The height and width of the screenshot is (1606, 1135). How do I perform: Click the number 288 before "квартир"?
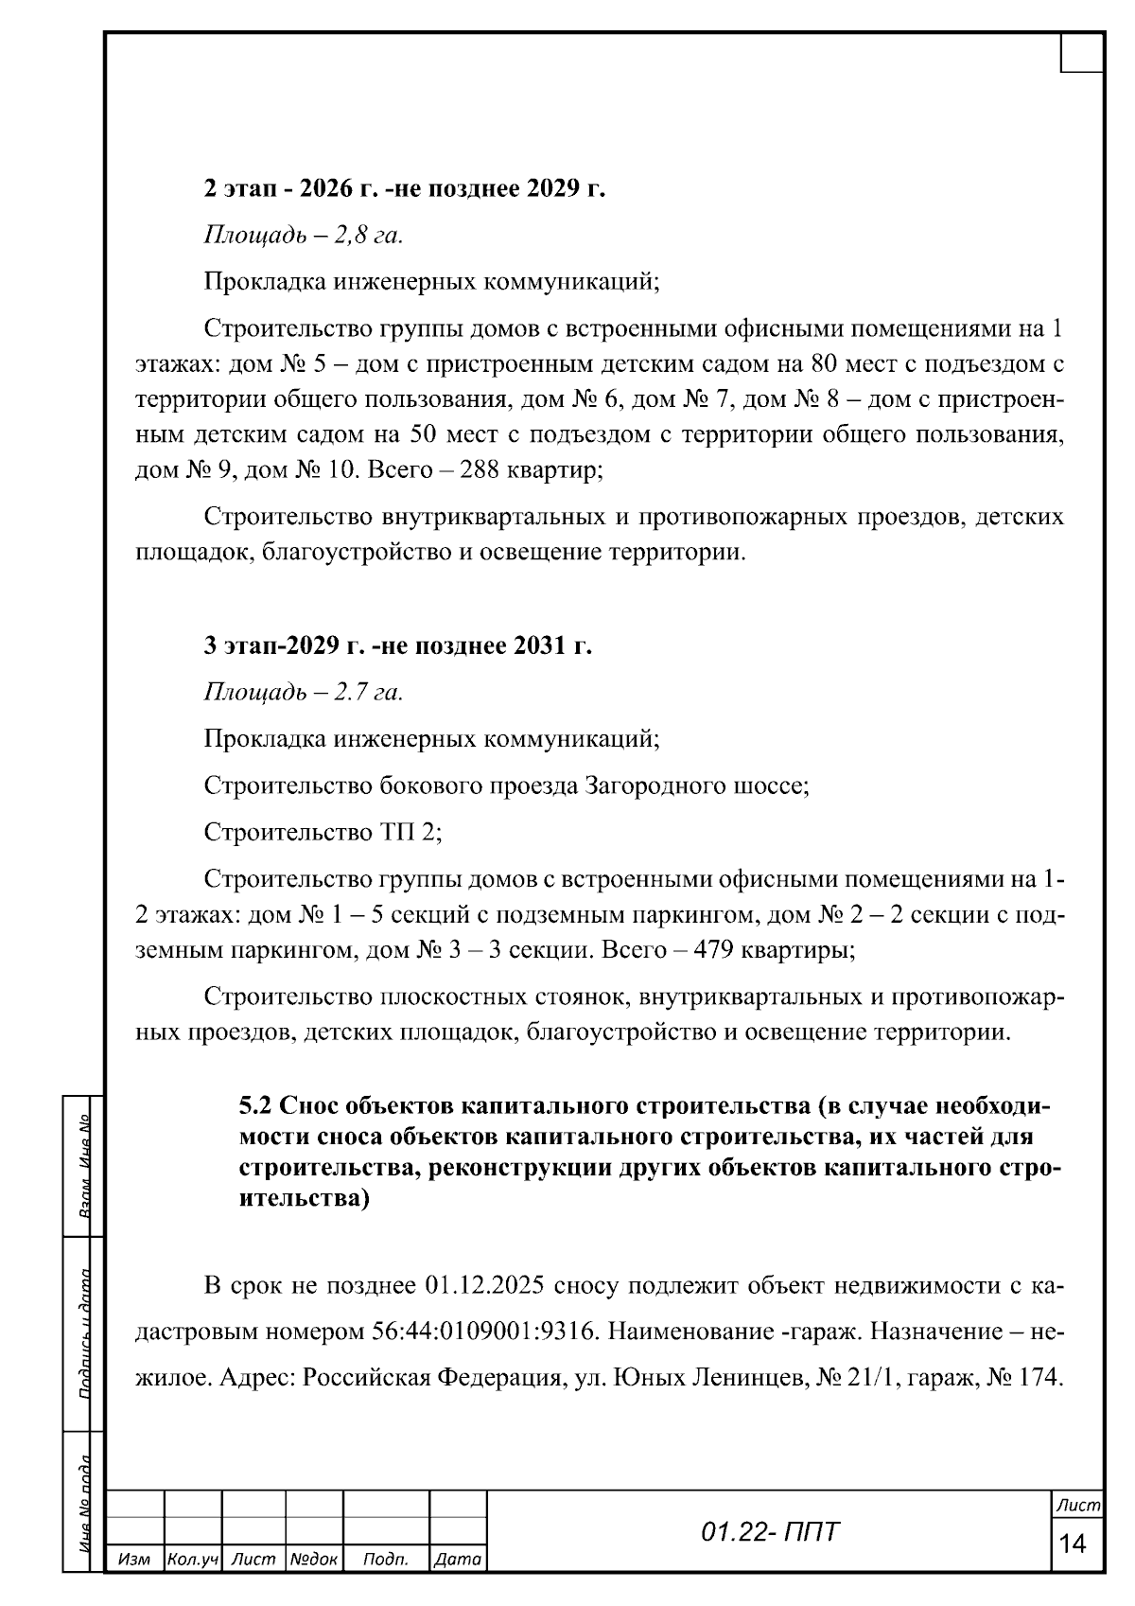pos(480,470)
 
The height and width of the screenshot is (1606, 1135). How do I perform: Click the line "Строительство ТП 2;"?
pos(323,832)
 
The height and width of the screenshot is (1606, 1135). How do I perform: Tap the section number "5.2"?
pos(255,1106)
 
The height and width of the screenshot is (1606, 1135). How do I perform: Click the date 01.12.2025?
pos(483,1285)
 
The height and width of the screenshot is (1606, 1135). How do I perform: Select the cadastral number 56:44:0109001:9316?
pos(480,1332)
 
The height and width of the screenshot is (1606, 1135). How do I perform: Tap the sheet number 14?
pos(1074,1544)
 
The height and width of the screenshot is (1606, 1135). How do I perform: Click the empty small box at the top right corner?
pos(1081,53)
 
